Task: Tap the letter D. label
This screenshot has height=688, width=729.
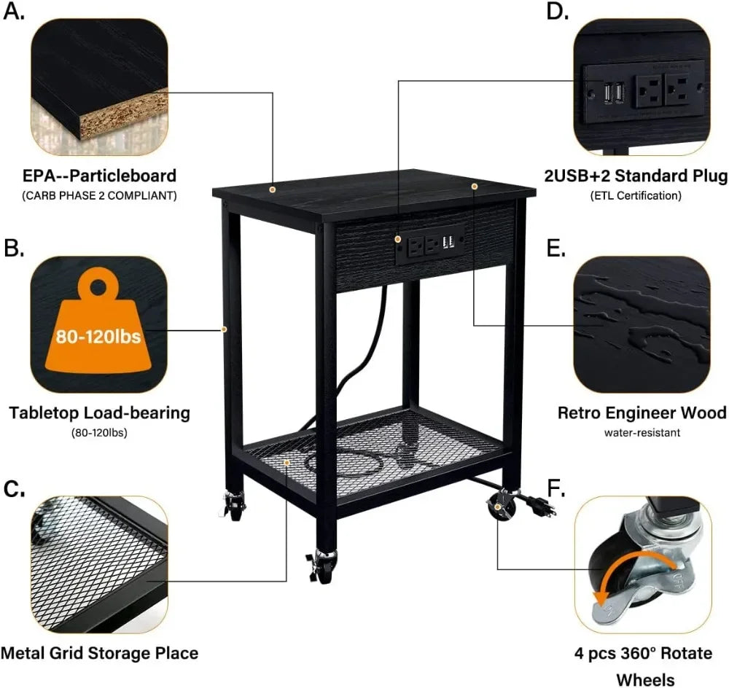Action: tap(558, 12)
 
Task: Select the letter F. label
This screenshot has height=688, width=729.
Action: tap(556, 488)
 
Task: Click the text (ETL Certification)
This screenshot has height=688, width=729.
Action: tap(636, 195)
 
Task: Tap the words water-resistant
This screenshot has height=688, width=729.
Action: tap(642, 432)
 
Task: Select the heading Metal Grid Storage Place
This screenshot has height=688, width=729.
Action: tap(100, 652)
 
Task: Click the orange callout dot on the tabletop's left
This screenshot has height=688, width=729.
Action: tap(273, 189)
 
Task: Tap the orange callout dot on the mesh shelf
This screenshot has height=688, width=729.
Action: tap(287, 463)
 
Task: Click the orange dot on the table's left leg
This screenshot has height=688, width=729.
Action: tap(225, 329)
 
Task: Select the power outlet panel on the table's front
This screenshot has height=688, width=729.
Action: tap(430, 244)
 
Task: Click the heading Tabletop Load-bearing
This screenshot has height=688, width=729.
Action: tap(100, 413)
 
